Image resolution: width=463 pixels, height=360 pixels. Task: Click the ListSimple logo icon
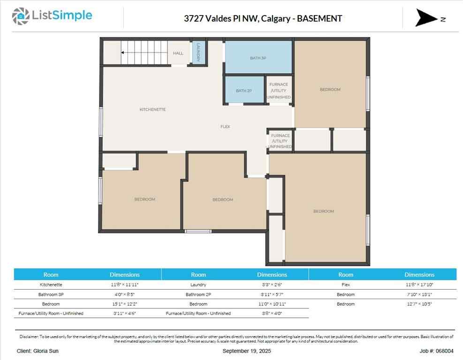(x=20, y=16)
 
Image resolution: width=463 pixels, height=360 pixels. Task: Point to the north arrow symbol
(x=426, y=18)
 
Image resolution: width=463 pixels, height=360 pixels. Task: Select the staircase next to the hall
(x=144, y=52)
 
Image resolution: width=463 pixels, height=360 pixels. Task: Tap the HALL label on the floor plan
(x=178, y=53)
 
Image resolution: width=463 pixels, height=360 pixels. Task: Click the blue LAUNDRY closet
(x=198, y=52)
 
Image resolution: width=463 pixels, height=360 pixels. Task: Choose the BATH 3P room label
(x=258, y=58)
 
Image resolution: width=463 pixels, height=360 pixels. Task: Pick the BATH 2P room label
(x=243, y=90)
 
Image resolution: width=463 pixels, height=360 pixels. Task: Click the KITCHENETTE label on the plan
(x=152, y=110)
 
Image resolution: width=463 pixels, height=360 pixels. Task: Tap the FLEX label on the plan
(x=226, y=127)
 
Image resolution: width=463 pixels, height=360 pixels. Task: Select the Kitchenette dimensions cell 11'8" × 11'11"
(x=124, y=285)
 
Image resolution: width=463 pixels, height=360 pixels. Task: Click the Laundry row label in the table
(x=198, y=285)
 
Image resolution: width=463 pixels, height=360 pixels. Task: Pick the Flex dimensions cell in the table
(x=419, y=285)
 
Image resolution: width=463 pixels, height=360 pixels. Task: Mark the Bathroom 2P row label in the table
(x=198, y=294)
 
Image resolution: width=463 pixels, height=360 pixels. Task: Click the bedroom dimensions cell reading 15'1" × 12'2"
(x=124, y=304)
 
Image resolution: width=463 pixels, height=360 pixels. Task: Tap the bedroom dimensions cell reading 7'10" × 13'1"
(x=419, y=294)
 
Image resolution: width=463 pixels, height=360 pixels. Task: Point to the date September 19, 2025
(x=247, y=351)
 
